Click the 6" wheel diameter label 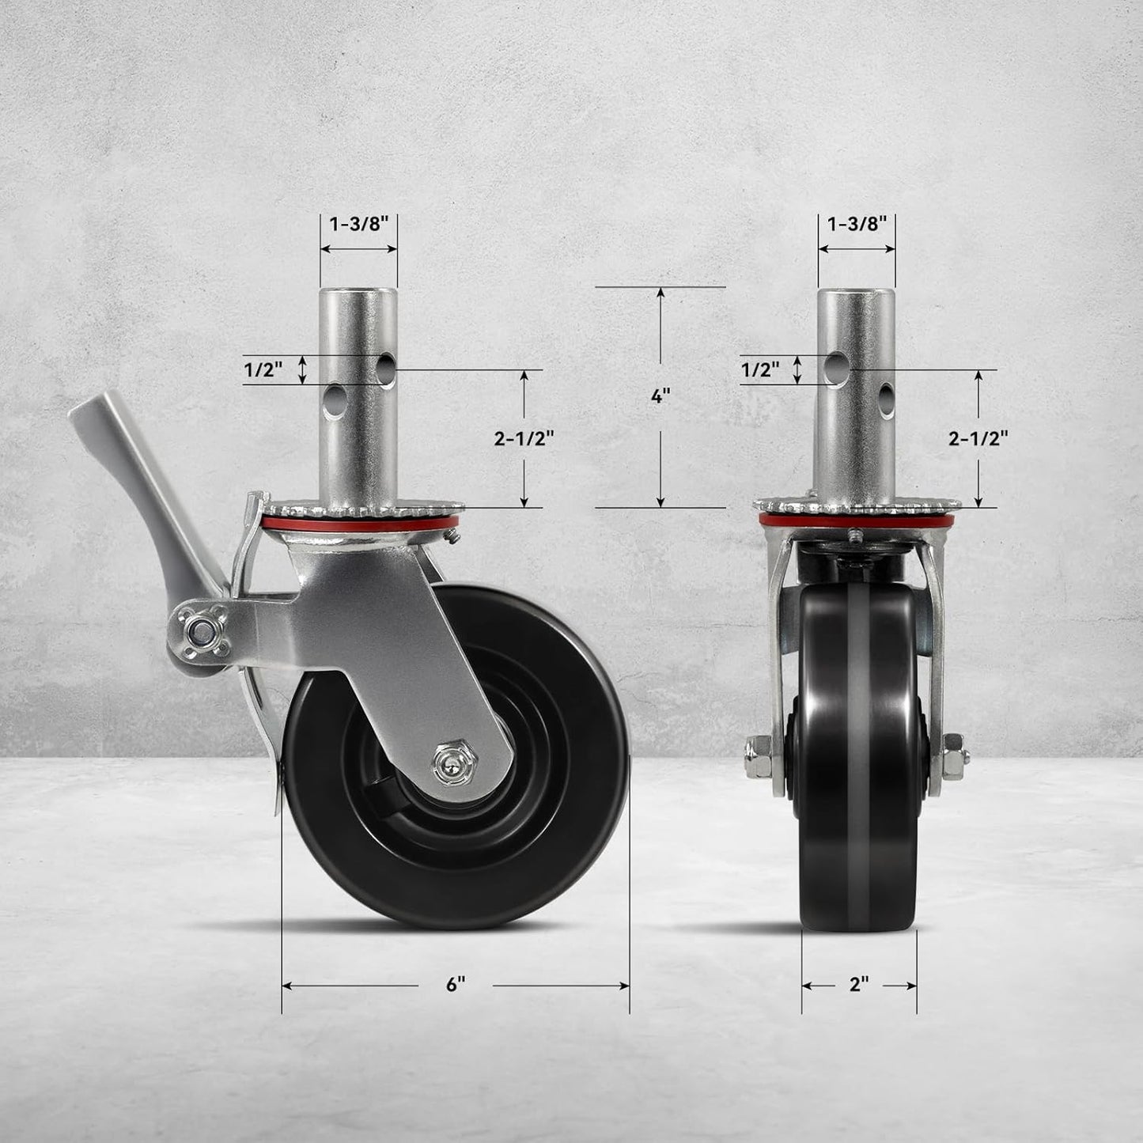455,985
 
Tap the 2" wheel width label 858,985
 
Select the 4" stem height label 660,396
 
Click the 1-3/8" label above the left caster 358,223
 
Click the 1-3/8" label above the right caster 857,223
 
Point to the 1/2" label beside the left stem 263,369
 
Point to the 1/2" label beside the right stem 760,369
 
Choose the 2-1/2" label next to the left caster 524,438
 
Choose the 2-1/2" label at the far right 978,438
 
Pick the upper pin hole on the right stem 835,365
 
